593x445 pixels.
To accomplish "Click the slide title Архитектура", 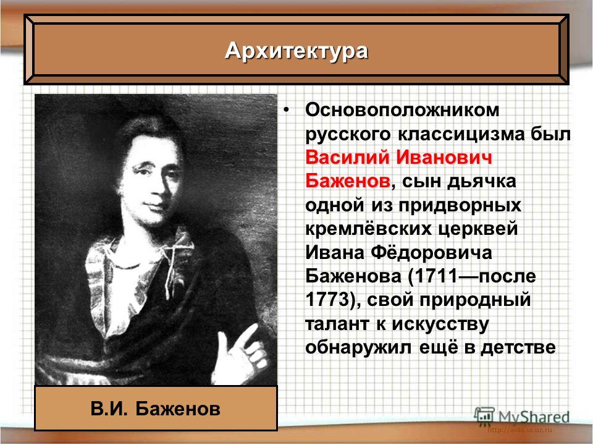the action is (296, 51).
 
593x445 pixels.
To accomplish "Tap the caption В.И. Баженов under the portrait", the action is (156, 409).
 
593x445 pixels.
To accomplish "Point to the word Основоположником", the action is (402, 111).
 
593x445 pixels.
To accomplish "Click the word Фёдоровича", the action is (431, 253).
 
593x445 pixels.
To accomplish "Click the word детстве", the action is (518, 347).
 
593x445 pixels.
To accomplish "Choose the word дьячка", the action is (481, 182).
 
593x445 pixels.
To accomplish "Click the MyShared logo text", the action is (534, 417).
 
